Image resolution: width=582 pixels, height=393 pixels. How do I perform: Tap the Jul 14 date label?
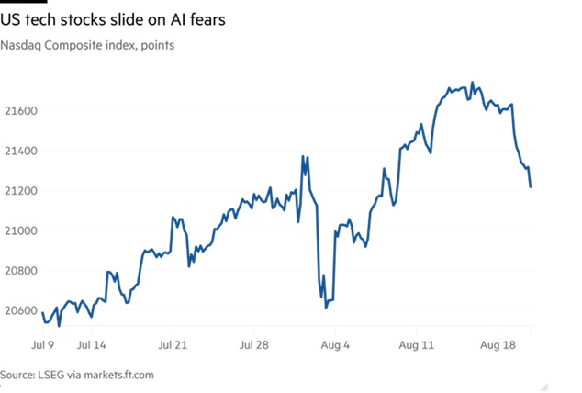96,346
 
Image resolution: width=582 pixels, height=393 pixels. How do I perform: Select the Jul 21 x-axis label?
174,346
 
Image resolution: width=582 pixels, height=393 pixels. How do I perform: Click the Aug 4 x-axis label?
336,346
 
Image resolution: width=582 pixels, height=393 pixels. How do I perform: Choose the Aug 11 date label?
415,346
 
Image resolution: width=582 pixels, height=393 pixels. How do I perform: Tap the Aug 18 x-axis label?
497,346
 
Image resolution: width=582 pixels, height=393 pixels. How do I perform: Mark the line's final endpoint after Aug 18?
531,187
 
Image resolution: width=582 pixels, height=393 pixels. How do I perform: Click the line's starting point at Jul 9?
42,314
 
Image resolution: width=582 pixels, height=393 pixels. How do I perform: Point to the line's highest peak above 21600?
472,83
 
